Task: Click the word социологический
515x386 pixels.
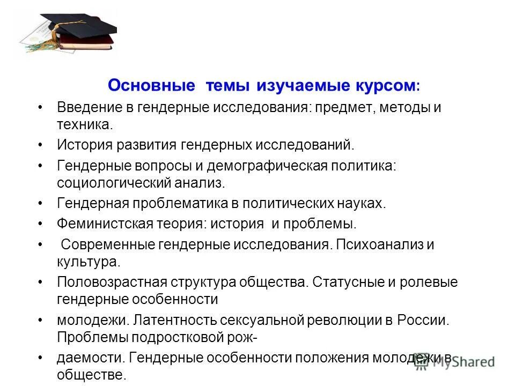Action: tap(114, 183)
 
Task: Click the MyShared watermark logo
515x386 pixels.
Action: tap(455, 362)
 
